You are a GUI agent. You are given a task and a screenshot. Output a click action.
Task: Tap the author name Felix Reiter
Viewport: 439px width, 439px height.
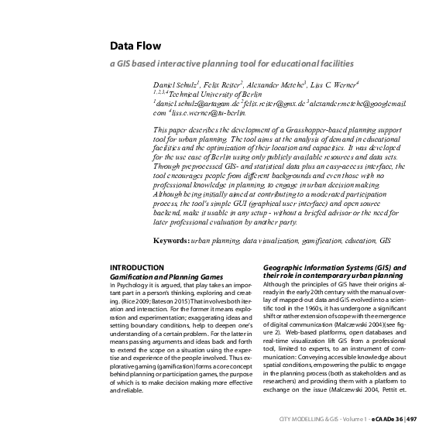[225, 83]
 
